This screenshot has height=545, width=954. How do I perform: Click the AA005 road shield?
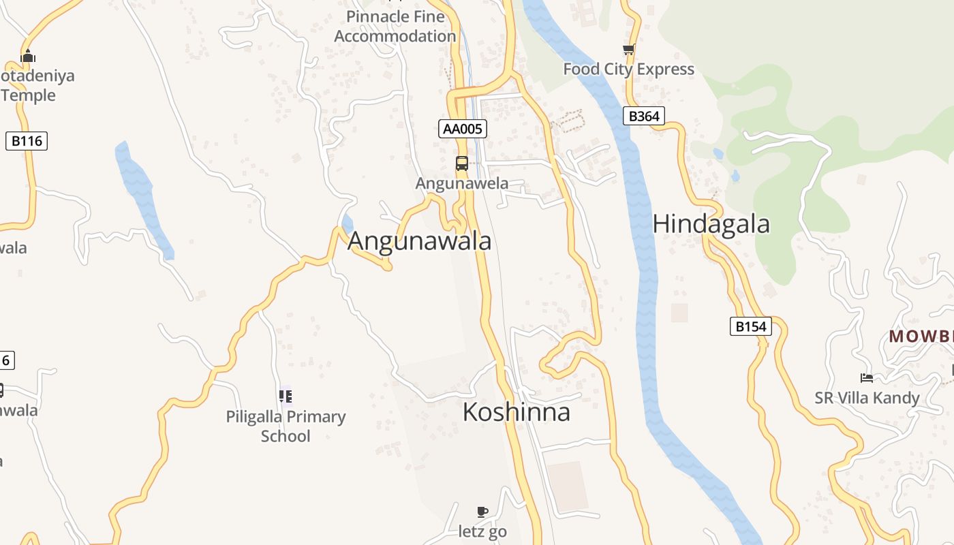tap(463, 128)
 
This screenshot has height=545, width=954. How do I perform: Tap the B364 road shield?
tap(643, 116)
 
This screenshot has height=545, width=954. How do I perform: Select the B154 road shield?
tap(751, 326)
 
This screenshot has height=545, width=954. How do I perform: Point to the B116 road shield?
tap(27, 141)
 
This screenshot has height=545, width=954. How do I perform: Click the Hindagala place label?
tap(711, 224)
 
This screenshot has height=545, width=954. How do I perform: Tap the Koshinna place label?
tap(516, 412)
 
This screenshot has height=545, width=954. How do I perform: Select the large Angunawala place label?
tap(419, 241)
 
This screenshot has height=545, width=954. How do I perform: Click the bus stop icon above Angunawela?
tap(462, 163)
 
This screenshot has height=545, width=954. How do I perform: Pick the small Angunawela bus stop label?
tap(462, 183)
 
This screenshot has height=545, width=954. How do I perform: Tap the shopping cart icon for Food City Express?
tap(628, 50)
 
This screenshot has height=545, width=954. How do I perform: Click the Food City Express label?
tap(628, 69)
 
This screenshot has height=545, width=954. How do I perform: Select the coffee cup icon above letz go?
tap(482, 512)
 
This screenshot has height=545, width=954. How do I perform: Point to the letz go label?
tap(482, 531)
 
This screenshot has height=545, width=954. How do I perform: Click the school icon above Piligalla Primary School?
tap(286, 396)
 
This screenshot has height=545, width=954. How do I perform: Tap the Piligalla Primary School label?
tap(286, 426)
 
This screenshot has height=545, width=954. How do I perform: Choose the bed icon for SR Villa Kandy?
tap(867, 378)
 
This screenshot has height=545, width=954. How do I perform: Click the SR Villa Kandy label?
tap(867, 398)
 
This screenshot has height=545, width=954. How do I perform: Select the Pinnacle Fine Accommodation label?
tap(395, 26)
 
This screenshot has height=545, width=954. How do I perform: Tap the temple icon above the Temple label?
tap(28, 55)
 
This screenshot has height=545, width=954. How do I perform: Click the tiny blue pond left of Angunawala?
tap(348, 223)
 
